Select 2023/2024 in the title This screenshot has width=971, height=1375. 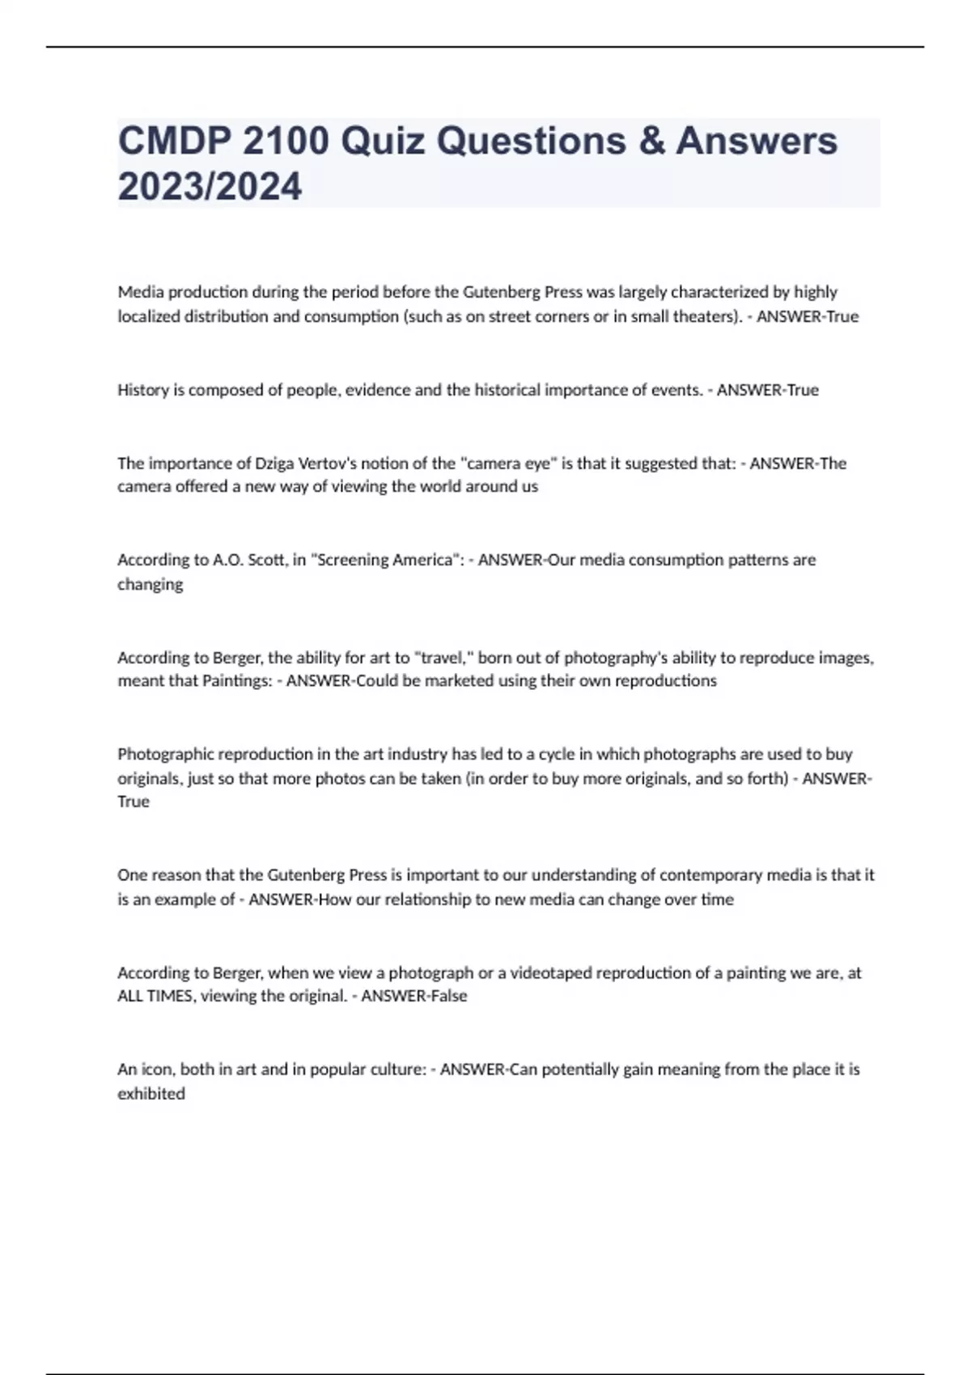pyautogui.click(x=210, y=186)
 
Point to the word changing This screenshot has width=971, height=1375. pyautogui.click(x=151, y=585)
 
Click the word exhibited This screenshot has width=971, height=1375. pyautogui.click(x=151, y=1094)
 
